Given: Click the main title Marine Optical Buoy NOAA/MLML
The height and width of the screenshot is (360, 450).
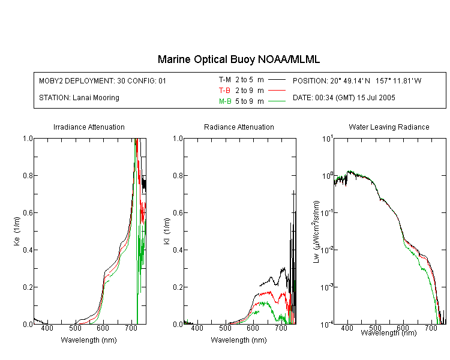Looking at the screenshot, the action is [239, 59].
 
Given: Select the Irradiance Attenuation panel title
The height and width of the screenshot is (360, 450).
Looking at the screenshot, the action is [89, 127].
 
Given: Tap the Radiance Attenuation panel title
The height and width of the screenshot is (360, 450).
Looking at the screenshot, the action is [239, 127].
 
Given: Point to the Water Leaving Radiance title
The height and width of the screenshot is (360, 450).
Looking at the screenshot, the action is [389, 127].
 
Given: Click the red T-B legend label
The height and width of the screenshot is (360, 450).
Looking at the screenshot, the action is [224, 91].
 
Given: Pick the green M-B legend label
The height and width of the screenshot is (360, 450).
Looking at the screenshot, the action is [225, 101].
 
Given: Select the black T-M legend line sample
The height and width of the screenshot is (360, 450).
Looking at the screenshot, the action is [277, 80].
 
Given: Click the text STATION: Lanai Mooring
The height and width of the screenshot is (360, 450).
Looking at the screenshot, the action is [79, 98].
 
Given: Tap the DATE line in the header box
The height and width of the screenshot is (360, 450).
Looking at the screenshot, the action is [344, 98].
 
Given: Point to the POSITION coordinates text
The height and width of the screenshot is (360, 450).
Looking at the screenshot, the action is [357, 80].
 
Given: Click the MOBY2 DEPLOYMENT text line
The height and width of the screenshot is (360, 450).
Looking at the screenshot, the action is [103, 80].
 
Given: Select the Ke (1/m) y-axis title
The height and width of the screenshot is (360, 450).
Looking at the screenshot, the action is [17, 232].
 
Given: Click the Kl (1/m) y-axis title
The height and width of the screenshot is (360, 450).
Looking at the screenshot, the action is [167, 232].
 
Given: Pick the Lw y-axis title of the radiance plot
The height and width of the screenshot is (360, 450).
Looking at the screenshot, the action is [316, 232].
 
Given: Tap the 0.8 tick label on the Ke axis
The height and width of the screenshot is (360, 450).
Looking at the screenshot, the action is [28, 175].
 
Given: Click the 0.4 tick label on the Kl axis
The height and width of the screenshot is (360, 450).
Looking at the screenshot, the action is [178, 250].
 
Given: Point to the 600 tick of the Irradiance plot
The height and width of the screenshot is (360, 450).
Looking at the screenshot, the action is [103, 328].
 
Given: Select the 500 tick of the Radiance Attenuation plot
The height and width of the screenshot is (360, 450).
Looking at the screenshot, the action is [225, 328].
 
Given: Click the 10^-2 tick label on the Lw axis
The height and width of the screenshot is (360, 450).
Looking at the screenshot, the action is [327, 249].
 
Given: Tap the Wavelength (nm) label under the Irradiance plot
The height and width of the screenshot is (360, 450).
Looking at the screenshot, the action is [89, 340].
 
